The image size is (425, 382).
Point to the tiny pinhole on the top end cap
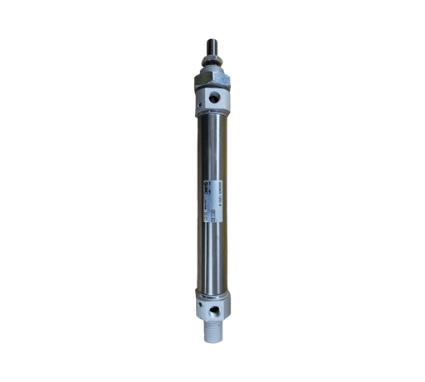point(203,100)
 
